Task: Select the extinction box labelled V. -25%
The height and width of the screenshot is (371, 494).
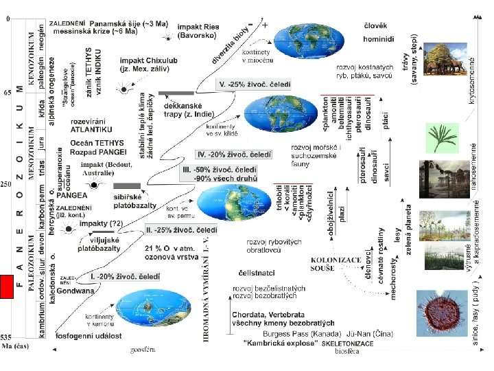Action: pos(254,85)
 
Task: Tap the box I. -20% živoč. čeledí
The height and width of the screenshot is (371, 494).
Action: pos(123,276)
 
